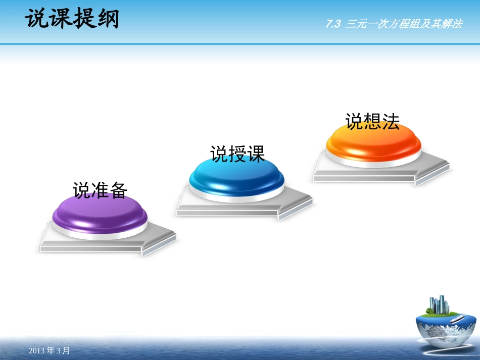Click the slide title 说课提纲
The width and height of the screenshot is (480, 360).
point(72,20)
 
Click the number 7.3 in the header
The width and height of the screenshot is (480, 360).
point(333,24)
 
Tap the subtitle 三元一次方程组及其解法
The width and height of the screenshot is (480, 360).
point(404,24)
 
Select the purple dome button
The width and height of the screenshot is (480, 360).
point(100,215)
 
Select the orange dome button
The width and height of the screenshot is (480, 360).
point(373,142)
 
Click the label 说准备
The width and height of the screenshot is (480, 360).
point(100,190)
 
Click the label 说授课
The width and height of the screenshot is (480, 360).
point(237,154)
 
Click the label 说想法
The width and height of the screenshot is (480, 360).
point(372,121)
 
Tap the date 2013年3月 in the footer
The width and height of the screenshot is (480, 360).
point(50,350)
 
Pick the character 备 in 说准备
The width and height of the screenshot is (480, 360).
point(118,190)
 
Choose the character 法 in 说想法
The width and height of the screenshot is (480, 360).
point(391,121)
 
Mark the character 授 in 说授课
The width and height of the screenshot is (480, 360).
point(237,154)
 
